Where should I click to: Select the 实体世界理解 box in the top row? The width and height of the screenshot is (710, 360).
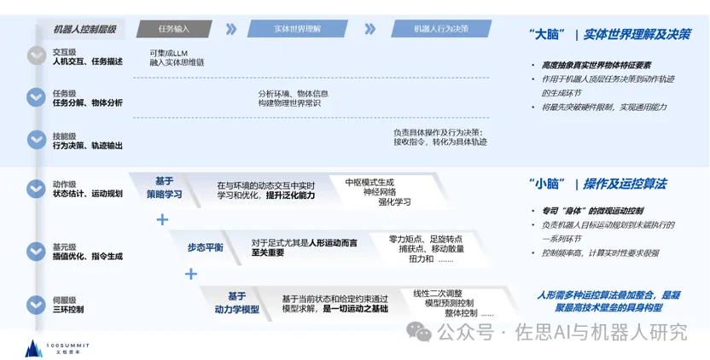click(298, 28)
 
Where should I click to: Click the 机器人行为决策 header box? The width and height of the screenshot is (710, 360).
click(440, 28)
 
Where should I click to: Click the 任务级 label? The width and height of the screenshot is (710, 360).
click(65, 92)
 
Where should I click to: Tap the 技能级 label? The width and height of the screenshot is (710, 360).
click(65, 135)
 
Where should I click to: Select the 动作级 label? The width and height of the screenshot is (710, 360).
click(65, 183)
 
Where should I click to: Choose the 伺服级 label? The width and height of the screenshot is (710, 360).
click(65, 299)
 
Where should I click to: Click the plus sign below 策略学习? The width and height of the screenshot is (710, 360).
click(162, 219)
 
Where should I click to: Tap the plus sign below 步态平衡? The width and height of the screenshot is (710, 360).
click(191, 274)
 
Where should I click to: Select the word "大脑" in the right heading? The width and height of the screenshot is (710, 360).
click(547, 35)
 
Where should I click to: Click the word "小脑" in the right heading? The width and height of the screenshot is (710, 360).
click(547, 184)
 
